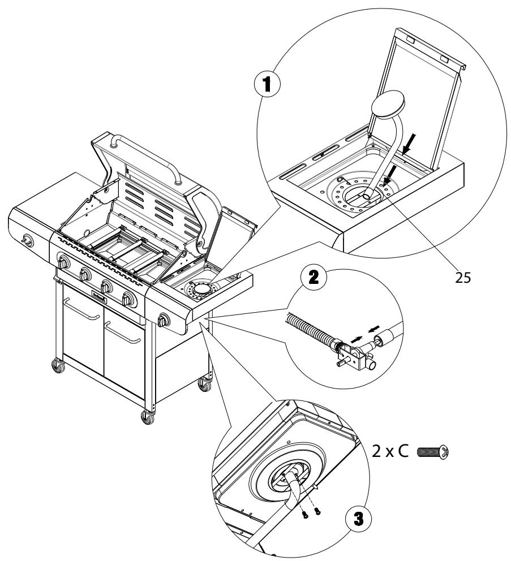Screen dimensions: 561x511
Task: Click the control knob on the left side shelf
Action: click(x=26, y=241)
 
